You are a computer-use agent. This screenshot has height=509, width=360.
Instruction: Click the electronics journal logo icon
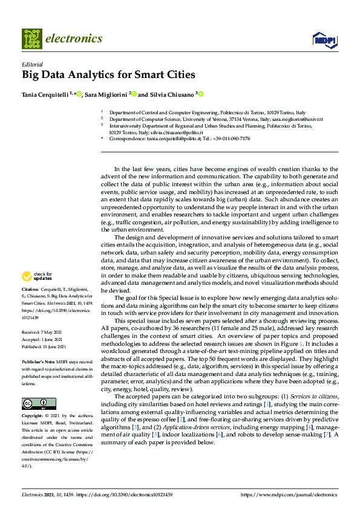coord(31,38)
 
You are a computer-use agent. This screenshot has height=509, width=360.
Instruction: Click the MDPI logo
coord(324,39)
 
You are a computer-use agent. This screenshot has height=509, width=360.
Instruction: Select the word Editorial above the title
coord(32,64)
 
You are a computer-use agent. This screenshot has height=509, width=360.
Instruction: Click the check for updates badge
coord(36,277)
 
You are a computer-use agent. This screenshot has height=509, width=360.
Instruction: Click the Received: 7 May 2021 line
coord(44,332)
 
